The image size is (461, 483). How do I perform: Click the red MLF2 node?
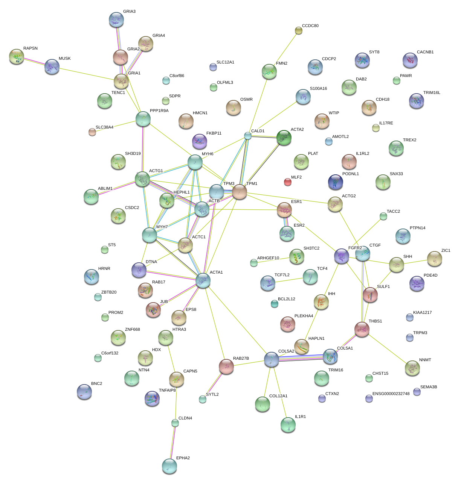click(x=287, y=182)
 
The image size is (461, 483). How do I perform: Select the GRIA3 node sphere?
click(x=116, y=20)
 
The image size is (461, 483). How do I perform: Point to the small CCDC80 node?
click(x=298, y=30)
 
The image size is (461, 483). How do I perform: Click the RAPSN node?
click(x=17, y=56)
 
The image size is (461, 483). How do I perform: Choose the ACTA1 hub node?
click(x=203, y=280)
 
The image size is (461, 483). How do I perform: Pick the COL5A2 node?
click(x=272, y=359)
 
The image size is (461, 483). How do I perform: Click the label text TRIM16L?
click(x=432, y=93)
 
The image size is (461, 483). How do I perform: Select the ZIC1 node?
click(x=435, y=259)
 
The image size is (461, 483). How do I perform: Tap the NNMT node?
click(x=412, y=368)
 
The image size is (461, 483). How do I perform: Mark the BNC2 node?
click(x=84, y=392)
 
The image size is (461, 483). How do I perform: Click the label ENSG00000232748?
click(x=391, y=394)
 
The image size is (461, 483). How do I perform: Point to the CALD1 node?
click(x=247, y=136)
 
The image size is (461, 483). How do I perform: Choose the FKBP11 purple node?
click(x=199, y=141)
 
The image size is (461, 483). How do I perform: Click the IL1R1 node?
click(x=288, y=425)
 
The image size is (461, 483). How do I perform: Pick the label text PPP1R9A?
click(x=159, y=111)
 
